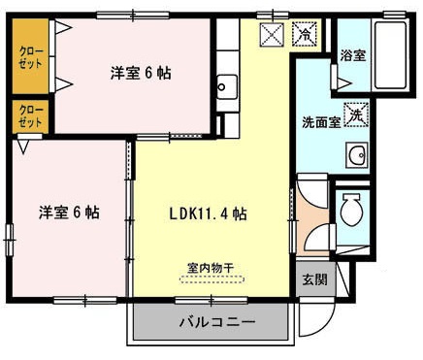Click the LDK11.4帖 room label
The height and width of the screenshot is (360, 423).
point(209,213)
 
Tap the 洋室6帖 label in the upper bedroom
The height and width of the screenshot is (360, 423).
point(140,74)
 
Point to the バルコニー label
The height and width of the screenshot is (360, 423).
point(216,321)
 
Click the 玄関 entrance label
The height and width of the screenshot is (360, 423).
point(313,279)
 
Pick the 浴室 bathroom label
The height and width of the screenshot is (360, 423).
point(352,55)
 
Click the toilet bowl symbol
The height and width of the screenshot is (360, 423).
point(351,211)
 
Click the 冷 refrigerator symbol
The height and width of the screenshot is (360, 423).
point(304,35)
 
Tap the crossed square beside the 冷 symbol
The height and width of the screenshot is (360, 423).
point(273,35)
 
